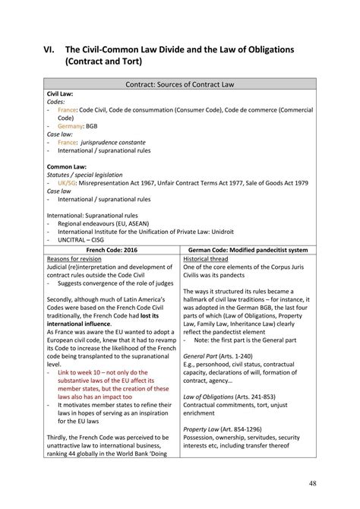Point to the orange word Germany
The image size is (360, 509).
pyautogui.click(x=72, y=126)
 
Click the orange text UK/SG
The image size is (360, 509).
pyautogui.click(x=69, y=183)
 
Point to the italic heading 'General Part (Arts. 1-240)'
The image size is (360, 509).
pyautogui.click(x=219, y=356)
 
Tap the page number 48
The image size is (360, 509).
pyautogui.click(x=313, y=483)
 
